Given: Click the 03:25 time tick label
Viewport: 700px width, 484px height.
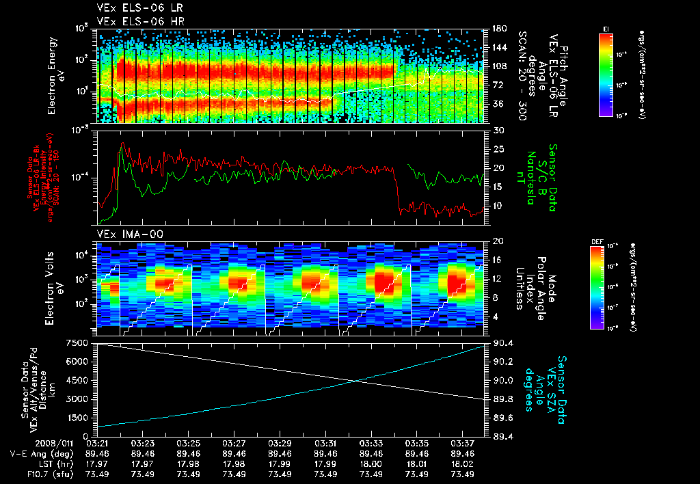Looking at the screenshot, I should click(188, 443).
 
